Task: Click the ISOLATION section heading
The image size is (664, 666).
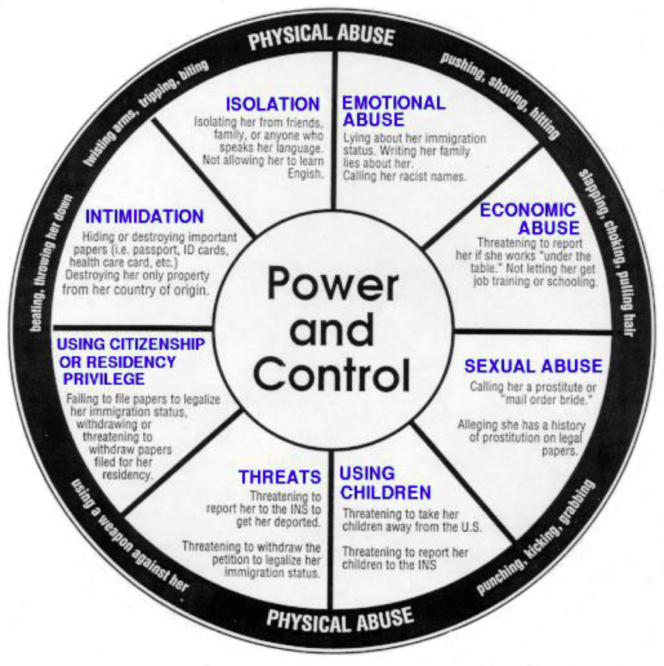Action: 272,104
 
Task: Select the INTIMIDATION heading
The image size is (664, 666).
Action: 145,216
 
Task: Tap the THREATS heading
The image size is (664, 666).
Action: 280,477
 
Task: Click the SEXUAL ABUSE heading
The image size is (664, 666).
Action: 533,366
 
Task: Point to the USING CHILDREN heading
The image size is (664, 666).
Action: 385,483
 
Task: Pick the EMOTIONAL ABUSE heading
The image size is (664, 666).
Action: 393,111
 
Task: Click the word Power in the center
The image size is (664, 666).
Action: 333,284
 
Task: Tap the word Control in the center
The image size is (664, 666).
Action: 332,375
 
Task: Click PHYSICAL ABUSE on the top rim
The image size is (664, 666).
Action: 321,37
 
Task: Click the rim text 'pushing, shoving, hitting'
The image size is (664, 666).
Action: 500,94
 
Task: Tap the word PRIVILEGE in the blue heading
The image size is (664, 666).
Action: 104,378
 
